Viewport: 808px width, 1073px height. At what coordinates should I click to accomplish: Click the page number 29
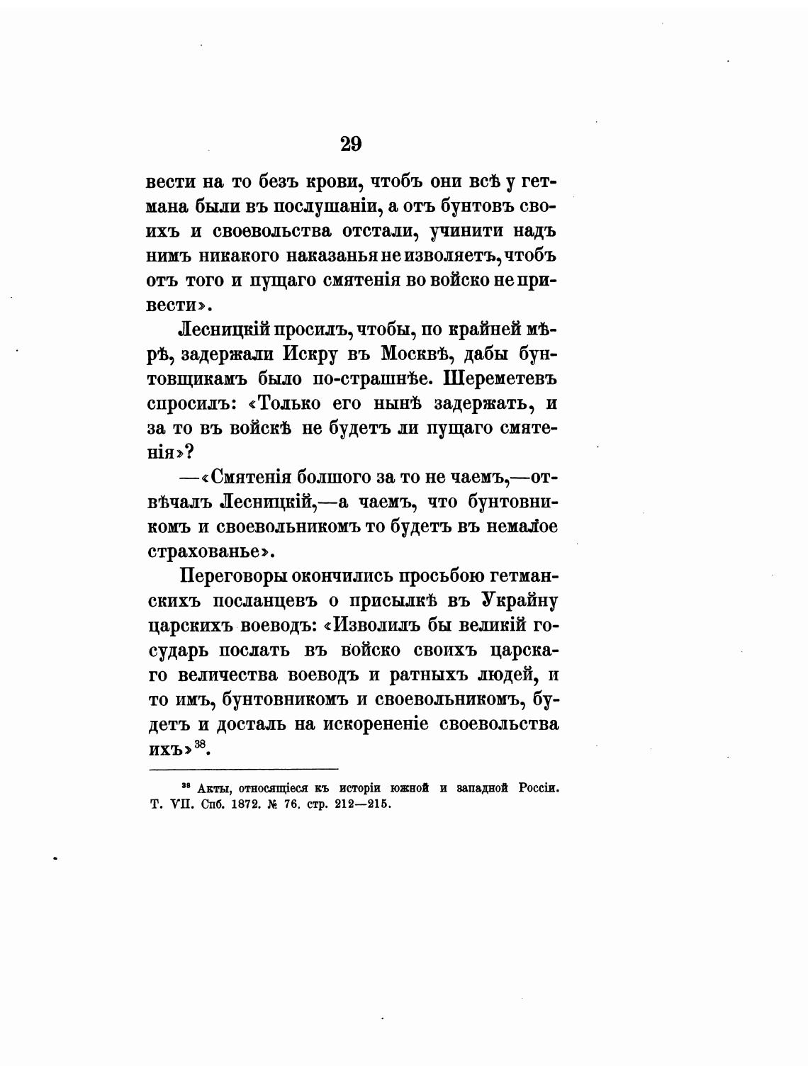click(x=351, y=144)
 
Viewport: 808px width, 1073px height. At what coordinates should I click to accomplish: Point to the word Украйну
click(x=520, y=600)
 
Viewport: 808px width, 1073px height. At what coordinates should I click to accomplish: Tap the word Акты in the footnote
click(x=212, y=788)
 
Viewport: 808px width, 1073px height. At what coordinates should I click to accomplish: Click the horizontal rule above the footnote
click(x=244, y=768)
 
